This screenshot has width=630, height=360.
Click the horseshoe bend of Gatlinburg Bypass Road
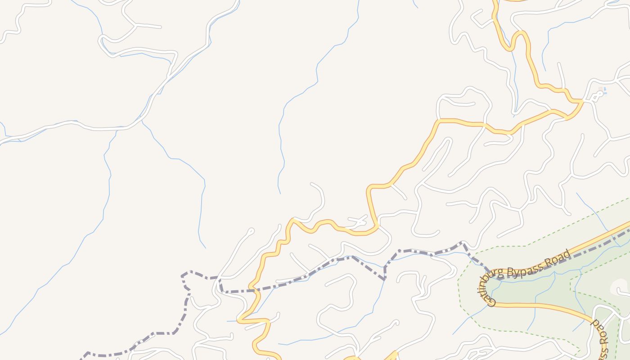pos(481,288)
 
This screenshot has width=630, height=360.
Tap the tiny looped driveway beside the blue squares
pos(597,96)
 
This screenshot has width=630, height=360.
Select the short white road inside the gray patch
pos(624,293)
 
